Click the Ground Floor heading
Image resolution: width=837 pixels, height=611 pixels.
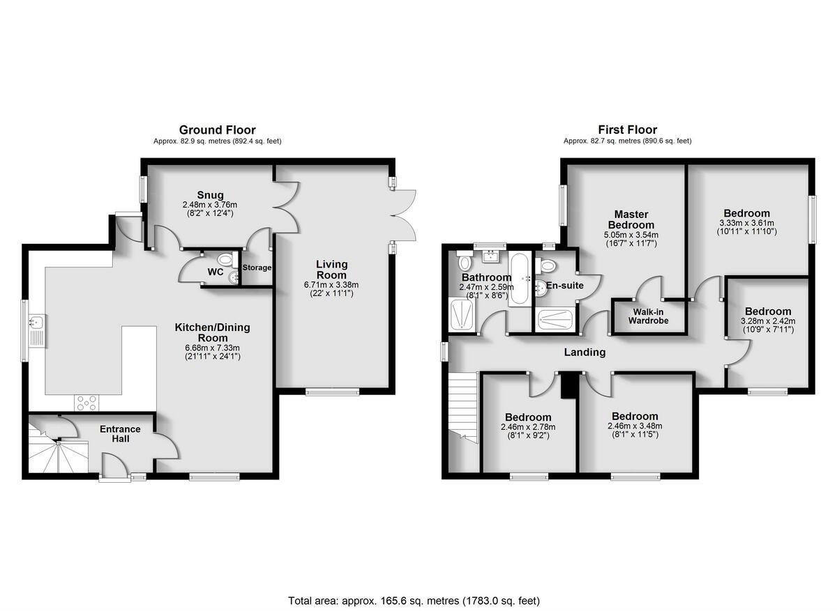click(217, 130)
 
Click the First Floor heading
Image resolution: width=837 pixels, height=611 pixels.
click(627, 130)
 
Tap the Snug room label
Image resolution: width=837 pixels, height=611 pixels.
click(209, 194)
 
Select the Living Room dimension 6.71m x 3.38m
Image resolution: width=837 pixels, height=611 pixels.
click(331, 285)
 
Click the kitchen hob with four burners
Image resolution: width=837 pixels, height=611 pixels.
click(86, 403)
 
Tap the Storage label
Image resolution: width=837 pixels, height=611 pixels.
click(257, 268)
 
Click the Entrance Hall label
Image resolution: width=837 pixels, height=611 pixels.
click(120, 433)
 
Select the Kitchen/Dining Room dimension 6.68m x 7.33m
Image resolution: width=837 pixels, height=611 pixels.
click(211, 348)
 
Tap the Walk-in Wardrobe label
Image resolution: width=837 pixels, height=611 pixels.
click(648, 316)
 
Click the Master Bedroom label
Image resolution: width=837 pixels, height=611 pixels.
click(631, 219)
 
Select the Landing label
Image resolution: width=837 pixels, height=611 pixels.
click(585, 353)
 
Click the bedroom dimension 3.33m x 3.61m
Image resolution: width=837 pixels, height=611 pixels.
click(746, 223)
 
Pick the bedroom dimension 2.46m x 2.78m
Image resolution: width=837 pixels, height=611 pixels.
click(528, 427)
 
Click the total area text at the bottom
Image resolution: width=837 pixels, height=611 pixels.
click(414, 600)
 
